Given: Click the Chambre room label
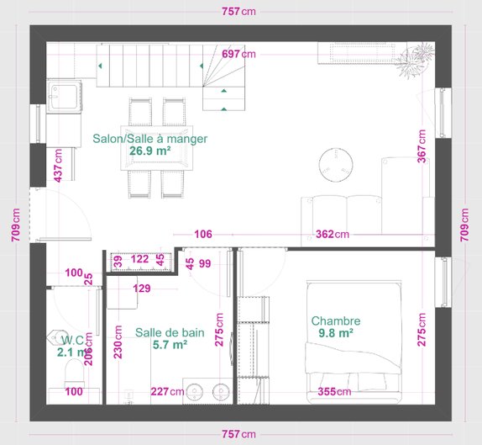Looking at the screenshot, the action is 336,321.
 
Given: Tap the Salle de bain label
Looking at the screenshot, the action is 170,332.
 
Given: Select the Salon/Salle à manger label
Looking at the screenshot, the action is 150,139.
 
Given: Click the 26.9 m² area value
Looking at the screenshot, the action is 150,151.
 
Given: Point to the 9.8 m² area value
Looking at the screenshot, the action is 336,333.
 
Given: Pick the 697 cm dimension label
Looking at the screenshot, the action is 238,54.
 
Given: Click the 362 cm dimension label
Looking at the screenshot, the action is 333,235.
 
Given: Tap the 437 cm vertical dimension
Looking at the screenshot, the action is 58,166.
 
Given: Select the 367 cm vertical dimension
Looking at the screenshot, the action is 422,146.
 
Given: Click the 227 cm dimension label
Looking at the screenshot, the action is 168,391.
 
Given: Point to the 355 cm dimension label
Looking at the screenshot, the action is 334,392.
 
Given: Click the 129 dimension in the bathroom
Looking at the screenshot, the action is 142,289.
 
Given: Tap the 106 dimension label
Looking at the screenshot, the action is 203,235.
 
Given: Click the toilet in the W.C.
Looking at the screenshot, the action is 74,373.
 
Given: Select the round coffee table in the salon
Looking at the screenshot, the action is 336,165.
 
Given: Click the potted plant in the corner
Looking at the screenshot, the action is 414,61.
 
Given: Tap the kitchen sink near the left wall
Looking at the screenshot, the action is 64,97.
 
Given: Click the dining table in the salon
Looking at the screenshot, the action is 157,148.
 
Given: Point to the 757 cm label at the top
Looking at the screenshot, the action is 238,12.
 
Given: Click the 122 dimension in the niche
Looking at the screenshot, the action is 140,259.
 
